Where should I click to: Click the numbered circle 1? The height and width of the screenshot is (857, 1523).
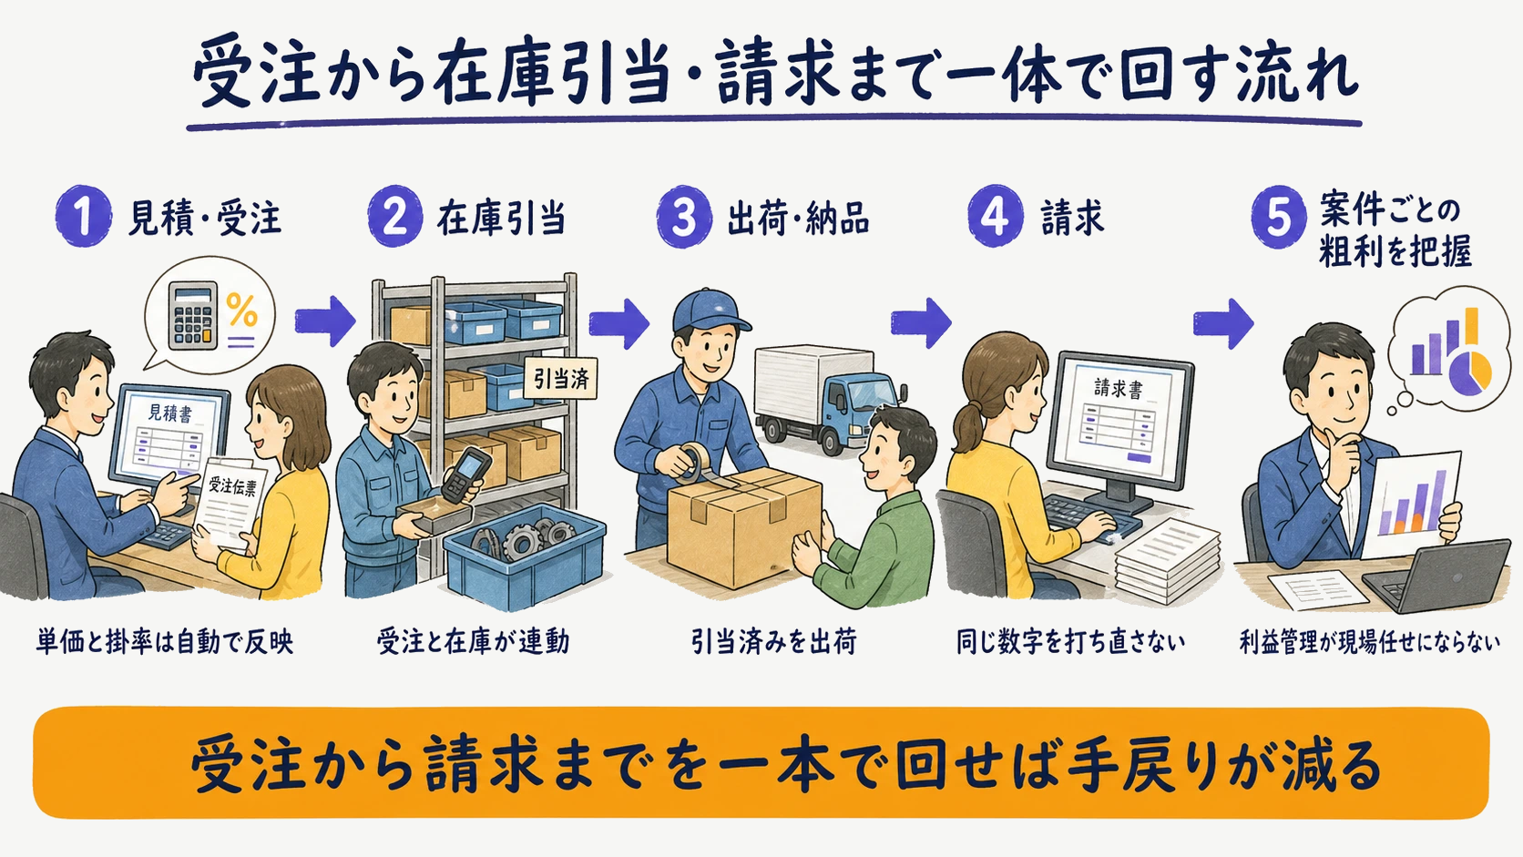point(84,216)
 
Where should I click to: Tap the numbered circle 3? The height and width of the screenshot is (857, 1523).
point(684,217)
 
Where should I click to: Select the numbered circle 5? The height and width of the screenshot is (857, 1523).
point(1279,217)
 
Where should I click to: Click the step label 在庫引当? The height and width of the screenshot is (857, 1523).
point(501,219)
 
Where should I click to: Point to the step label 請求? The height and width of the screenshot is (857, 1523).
point(1072,219)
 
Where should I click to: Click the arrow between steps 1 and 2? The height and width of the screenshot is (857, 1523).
point(325,321)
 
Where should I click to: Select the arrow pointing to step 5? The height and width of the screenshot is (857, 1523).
point(1223,323)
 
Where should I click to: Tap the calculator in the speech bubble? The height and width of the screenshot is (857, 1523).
point(193,315)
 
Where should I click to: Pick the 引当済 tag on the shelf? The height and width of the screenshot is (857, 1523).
point(561,379)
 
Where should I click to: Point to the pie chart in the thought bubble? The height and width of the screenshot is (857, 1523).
point(1470,373)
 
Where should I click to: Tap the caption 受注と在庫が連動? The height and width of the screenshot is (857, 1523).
point(474,641)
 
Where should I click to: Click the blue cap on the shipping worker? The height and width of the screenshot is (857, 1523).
point(710,311)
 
